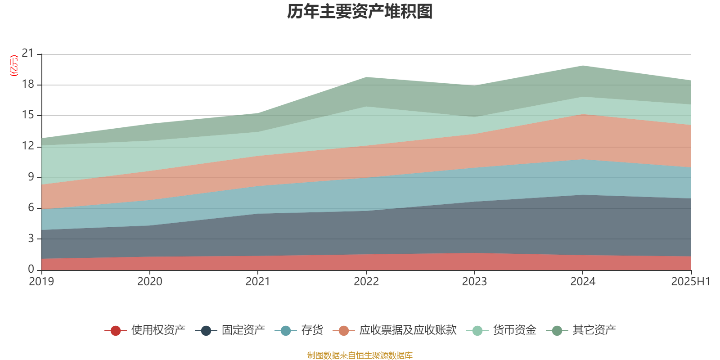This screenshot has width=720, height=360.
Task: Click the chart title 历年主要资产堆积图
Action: coord(360,12)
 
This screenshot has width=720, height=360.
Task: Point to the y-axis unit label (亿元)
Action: coord(14,66)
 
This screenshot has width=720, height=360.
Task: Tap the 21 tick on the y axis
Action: coord(28,54)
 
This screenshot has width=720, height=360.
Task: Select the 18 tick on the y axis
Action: coord(28,84)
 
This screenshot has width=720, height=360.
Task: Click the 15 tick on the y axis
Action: coord(28,115)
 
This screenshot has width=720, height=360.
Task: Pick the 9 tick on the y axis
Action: coord(31,177)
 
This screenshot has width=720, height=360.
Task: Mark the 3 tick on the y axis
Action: coord(31,238)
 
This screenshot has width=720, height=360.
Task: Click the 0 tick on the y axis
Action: coord(31,269)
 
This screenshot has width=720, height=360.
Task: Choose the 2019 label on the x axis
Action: coord(41,282)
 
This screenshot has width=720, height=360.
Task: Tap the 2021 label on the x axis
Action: coord(257,282)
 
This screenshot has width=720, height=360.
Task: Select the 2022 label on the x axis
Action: coord(366,282)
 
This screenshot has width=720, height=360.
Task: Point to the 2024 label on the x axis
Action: coord(583,282)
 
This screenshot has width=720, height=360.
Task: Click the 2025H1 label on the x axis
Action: coord(690,282)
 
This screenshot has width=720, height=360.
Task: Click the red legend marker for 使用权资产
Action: coord(116,331)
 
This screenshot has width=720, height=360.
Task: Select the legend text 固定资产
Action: coord(243,330)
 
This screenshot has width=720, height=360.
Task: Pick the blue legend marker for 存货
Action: coord(286,331)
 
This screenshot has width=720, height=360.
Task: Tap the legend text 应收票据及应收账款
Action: coord(408,330)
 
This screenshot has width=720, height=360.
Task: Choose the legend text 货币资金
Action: coord(514,330)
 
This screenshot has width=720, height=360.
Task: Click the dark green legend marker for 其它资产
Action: coord(557,331)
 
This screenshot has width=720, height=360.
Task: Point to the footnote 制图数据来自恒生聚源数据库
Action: coord(360,355)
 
